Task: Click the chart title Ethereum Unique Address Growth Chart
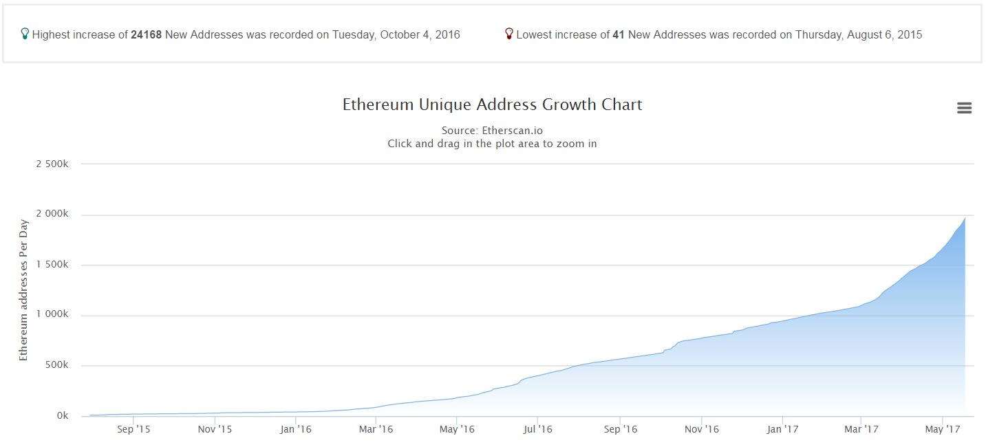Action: (x=492, y=105)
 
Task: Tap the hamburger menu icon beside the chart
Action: (x=964, y=108)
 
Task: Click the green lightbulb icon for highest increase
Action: (x=25, y=34)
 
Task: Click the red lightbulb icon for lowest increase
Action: (x=509, y=34)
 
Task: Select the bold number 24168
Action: (x=146, y=34)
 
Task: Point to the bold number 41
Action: (x=618, y=34)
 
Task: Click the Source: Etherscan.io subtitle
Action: (x=492, y=131)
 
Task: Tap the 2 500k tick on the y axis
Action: (x=52, y=164)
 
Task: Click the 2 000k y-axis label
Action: (x=52, y=214)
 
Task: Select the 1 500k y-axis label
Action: (x=52, y=265)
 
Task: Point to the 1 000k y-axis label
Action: (x=52, y=315)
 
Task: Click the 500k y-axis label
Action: (x=56, y=365)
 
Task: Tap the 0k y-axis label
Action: (x=62, y=416)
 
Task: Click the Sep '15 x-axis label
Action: (x=134, y=430)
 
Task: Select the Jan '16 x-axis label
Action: (x=297, y=430)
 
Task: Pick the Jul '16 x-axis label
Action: (x=537, y=430)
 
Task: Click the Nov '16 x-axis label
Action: (x=702, y=430)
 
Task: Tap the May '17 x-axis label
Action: (x=943, y=430)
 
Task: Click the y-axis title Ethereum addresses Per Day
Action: (x=23, y=290)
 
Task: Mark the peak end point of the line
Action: (x=965, y=218)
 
